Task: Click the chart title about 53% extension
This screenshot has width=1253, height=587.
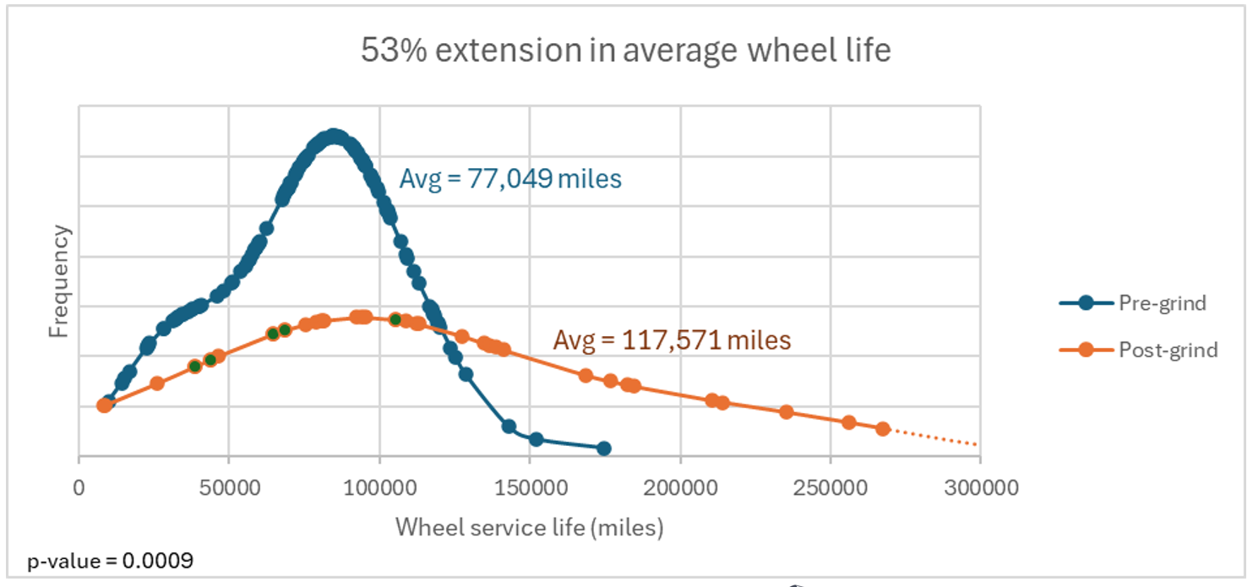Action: [625, 51]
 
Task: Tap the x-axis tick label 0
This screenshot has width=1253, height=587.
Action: [79, 487]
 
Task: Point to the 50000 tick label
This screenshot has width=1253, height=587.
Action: [229, 487]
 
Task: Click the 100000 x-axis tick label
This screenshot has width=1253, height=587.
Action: [379, 487]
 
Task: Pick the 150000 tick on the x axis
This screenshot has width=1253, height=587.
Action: [530, 487]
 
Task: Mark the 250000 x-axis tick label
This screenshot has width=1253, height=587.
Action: [830, 487]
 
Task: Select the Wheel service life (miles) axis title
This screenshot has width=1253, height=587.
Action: [530, 528]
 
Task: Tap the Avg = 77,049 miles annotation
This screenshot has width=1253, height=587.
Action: [510, 179]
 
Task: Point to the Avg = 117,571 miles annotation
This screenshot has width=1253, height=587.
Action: [672, 340]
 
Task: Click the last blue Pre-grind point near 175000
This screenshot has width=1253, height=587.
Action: [603, 448]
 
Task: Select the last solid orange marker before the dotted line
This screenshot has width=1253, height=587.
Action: [883, 428]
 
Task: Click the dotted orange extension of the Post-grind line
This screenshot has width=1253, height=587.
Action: [934, 438]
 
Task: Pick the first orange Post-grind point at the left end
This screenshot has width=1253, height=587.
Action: [104, 405]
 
